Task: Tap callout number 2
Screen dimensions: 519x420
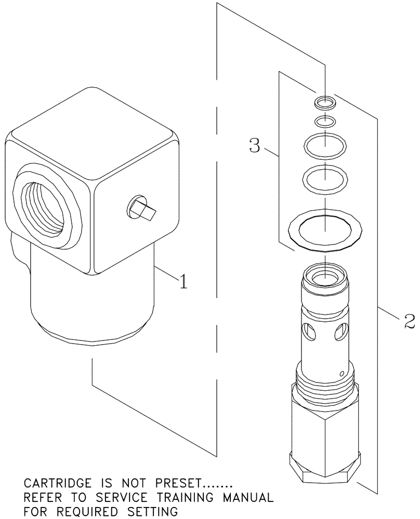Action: coord(409,322)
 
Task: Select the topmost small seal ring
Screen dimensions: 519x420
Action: coord(325,102)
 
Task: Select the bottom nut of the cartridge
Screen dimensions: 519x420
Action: coord(324,468)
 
